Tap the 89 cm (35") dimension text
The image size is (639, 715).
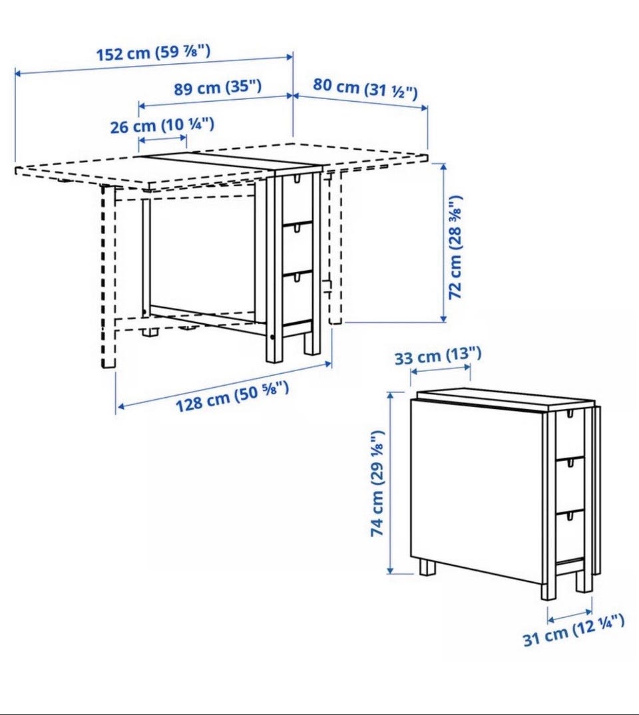pos(218,86)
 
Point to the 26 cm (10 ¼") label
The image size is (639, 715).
pos(162,126)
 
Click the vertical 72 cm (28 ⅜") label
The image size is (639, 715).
pos(455,247)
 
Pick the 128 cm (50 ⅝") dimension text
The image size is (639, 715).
pos(232,396)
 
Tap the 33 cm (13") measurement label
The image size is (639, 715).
pos(438,355)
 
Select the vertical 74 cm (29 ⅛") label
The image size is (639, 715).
pos(377,483)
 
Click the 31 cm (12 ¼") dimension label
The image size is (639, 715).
pos(574,629)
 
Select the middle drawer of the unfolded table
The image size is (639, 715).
pos(298,249)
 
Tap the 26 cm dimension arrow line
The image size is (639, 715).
pos(162,138)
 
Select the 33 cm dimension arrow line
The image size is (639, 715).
pos(441,369)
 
